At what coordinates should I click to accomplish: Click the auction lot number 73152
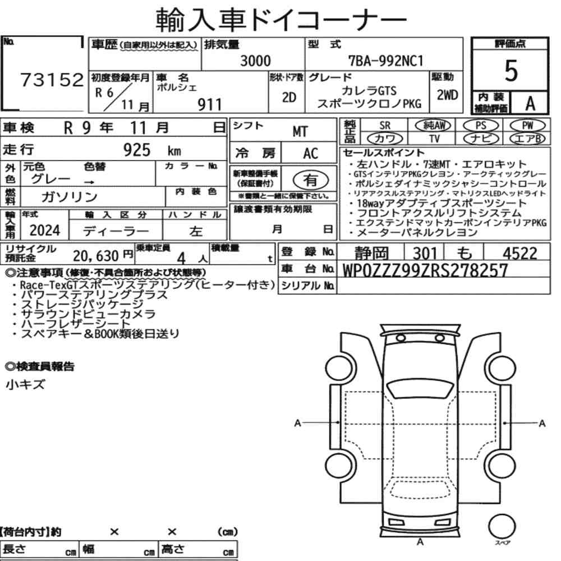(52, 80)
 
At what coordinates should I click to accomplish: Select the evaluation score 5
(511, 71)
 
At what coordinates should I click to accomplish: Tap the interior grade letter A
(530, 103)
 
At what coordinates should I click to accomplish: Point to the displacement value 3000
(255, 61)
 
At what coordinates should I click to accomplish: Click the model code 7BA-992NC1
(386, 61)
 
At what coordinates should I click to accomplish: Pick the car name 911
(210, 105)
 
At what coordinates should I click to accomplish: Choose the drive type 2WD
(447, 95)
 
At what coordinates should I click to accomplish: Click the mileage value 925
(137, 150)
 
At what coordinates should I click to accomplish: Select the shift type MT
(300, 132)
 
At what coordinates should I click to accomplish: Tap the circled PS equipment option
(481, 126)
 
